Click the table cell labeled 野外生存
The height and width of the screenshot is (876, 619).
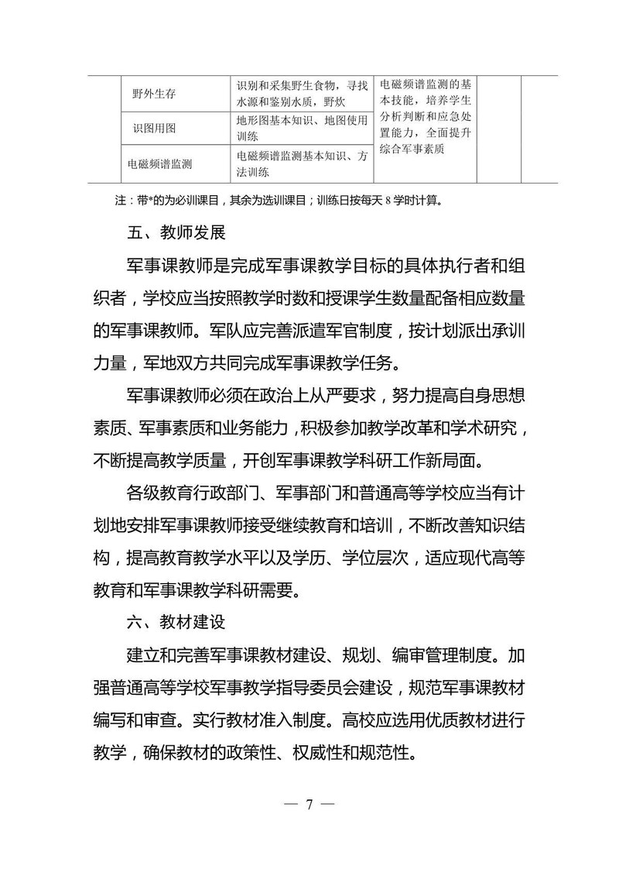tap(154, 94)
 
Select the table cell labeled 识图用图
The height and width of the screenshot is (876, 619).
tap(154, 129)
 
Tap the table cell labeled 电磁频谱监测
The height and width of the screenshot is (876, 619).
tap(160, 164)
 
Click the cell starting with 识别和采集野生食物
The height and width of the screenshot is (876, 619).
tap(301, 94)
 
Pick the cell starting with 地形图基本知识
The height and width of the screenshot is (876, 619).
tap(301, 129)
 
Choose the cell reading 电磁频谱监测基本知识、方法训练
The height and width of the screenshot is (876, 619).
tap(301, 164)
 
